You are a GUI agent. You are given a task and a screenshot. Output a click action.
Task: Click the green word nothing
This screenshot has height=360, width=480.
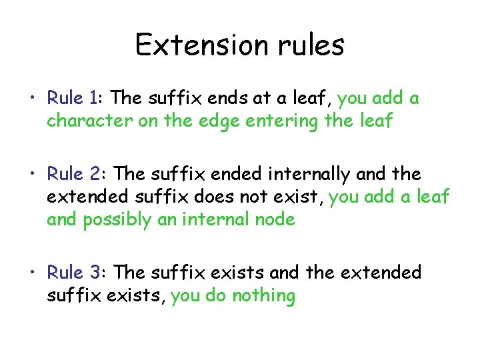click(263, 296)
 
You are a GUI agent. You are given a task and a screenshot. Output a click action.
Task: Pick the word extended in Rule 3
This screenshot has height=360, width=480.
click(381, 273)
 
